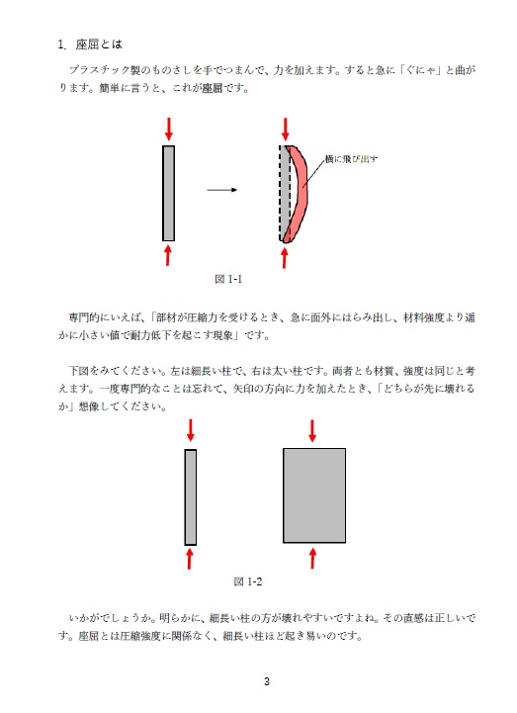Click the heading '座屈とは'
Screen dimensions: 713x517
click(x=98, y=45)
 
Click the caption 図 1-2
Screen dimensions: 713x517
click(x=247, y=580)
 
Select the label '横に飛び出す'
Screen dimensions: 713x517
click(x=352, y=158)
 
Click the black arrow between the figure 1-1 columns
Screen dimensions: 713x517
click(x=222, y=190)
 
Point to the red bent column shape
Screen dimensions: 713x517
click(x=300, y=193)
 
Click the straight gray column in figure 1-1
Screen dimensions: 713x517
click(x=169, y=193)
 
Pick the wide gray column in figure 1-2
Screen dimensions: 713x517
click(x=314, y=495)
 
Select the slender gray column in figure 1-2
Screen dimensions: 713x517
click(x=191, y=496)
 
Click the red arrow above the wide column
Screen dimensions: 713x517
click(x=313, y=430)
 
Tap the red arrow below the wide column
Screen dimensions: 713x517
click(x=313, y=557)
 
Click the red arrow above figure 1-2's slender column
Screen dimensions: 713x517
click(x=191, y=430)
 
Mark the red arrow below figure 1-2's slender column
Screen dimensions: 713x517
click(x=191, y=559)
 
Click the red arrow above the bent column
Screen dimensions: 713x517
click(x=286, y=129)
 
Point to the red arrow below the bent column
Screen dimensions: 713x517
click(x=286, y=256)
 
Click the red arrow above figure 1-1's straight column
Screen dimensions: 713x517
click(x=169, y=129)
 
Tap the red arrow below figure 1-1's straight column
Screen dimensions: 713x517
click(x=169, y=255)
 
